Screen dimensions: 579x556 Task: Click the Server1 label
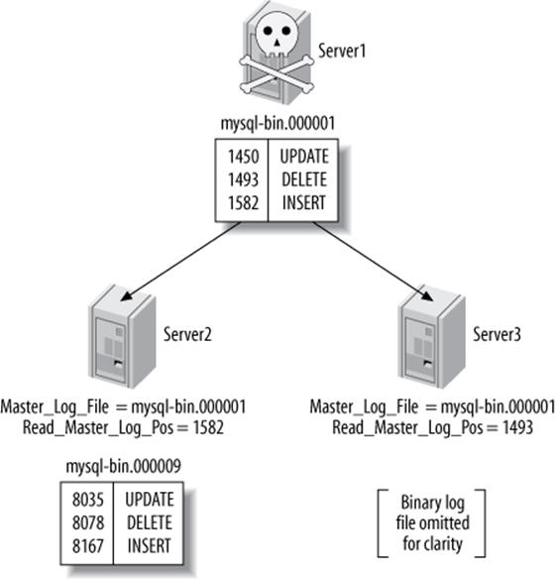click(343, 50)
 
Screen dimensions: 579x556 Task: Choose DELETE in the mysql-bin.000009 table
click(150, 522)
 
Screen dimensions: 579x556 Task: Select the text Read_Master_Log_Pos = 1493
click(432, 427)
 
